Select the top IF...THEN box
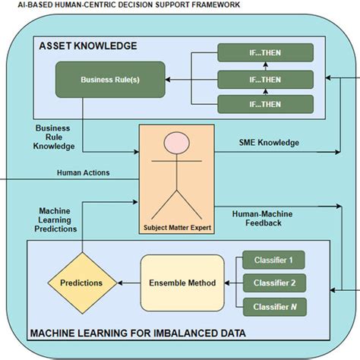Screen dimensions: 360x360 click(264, 53)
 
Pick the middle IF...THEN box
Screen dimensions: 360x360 click(264, 79)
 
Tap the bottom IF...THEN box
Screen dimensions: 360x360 click(264, 104)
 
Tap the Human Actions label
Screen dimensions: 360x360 click(83, 172)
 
